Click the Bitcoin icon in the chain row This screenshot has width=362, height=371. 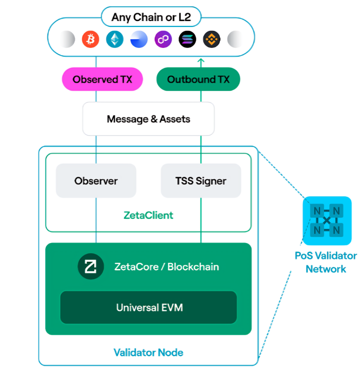click(90, 39)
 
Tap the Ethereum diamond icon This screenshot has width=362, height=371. click(115, 39)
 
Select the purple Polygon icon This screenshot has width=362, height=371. click(163, 39)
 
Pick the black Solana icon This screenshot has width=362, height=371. click(188, 39)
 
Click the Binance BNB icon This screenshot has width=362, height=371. click(212, 39)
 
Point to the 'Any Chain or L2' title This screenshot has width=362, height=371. click(150, 18)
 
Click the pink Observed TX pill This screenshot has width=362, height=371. click(102, 79)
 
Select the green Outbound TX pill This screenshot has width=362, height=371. click(198, 79)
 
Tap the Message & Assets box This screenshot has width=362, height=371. click(149, 119)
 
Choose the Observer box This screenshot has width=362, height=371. click(96, 181)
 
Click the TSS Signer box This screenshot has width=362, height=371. click(201, 181)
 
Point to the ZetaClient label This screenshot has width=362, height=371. click(149, 215)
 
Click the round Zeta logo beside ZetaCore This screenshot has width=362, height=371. click(91, 267)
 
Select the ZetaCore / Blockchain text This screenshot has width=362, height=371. click(167, 267)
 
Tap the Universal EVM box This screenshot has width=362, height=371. click(149, 307)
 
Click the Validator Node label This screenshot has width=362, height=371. click(149, 352)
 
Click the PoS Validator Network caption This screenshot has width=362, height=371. click(326, 262)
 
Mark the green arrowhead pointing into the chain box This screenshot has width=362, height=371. click(200, 61)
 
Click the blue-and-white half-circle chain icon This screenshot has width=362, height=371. click(139, 39)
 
